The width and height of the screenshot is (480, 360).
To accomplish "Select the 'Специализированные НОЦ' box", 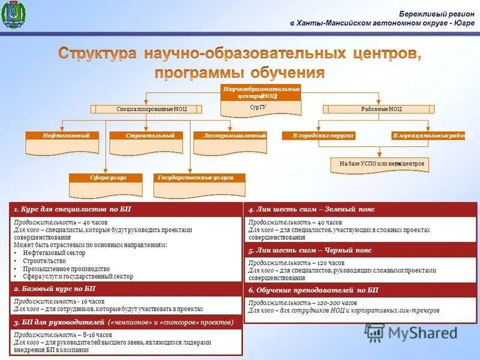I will (x=146, y=109).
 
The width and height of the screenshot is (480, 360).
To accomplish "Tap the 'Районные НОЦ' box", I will (x=377, y=109).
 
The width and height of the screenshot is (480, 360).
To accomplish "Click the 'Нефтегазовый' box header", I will (x=61, y=136).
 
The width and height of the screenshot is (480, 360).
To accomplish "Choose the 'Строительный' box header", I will (x=146, y=136).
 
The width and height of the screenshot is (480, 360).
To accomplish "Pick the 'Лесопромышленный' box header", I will (x=230, y=136).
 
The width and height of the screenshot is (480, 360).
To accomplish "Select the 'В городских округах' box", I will (x=319, y=136).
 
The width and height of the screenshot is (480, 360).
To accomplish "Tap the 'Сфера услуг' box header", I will (x=105, y=178).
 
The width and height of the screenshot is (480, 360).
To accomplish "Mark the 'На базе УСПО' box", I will (x=380, y=164).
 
